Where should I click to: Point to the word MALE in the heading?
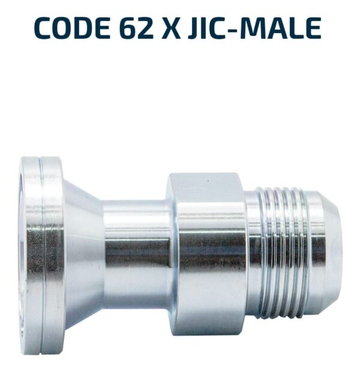click(283, 28)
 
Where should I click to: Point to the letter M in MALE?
click(256, 28)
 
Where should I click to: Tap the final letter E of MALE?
click(313, 28)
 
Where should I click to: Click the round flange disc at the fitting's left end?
click(30, 255)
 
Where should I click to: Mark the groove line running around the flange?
click(40, 255)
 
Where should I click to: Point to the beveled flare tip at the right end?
click(332, 252)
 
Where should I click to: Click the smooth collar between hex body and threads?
click(251, 252)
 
